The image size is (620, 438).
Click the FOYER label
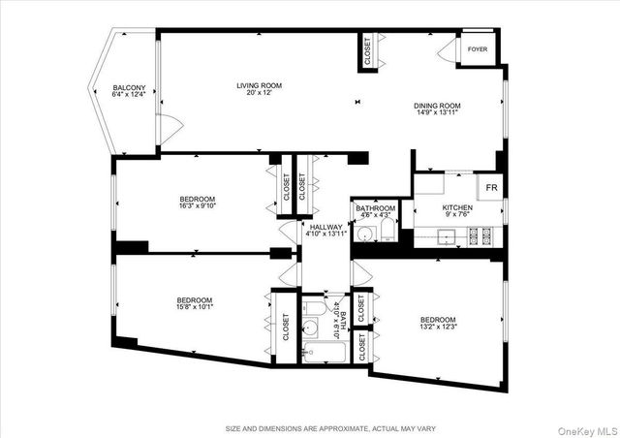(x=477, y=48)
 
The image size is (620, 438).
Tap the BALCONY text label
(x=129, y=88)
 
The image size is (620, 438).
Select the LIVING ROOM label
(x=259, y=86)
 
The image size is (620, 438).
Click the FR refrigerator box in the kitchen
(x=491, y=187)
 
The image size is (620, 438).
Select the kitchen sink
(x=448, y=235)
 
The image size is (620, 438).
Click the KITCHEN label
(x=457, y=207)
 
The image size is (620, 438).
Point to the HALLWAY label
(x=325, y=227)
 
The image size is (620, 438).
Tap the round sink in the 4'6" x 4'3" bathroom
(x=365, y=233)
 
